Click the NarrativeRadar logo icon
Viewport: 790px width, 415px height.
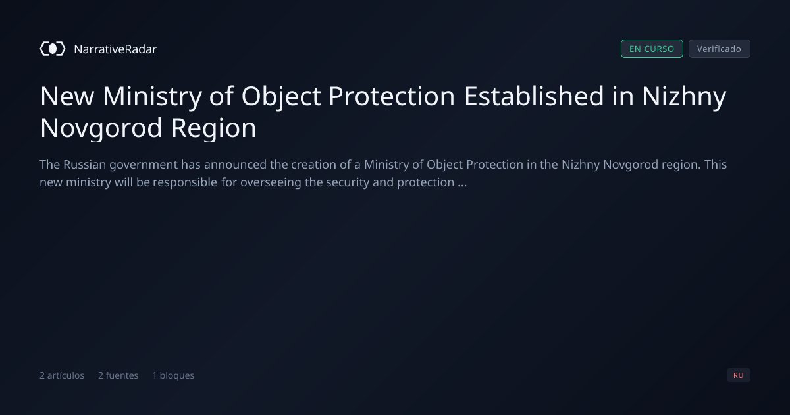pyautogui.click(x=53, y=49)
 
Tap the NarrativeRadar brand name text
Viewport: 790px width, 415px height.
pyautogui.click(x=115, y=49)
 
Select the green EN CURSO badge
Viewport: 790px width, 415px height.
pyautogui.click(x=652, y=49)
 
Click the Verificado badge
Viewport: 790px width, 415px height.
pyautogui.click(x=719, y=49)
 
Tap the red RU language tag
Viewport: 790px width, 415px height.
pyautogui.click(x=738, y=375)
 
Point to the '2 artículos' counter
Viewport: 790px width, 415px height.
pyautogui.click(x=62, y=375)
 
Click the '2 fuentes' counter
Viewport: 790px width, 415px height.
pyautogui.click(x=118, y=375)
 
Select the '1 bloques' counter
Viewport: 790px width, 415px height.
pyautogui.click(x=173, y=375)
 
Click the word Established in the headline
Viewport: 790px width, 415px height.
pyautogui.click(x=534, y=96)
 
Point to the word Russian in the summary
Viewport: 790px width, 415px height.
pyautogui.click(x=85, y=165)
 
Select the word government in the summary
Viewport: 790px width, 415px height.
pyautogui.click(x=144, y=165)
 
